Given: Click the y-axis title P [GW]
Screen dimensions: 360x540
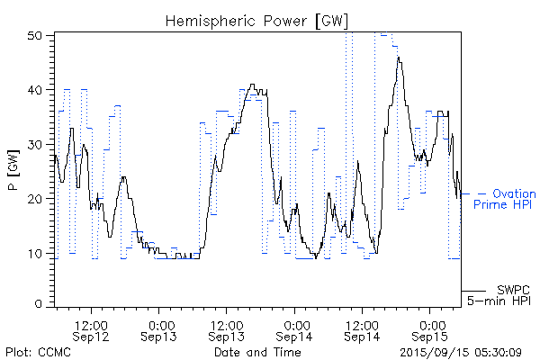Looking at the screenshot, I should point(13,169).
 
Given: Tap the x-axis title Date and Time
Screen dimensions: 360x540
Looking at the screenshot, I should point(256,352).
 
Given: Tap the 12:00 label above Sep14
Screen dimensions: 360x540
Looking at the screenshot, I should point(363,324).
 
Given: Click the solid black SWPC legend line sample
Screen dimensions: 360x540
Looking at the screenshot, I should point(473,291).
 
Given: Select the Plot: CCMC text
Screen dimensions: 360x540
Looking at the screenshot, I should point(38,352).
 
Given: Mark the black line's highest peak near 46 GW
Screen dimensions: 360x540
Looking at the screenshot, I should point(398,58).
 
